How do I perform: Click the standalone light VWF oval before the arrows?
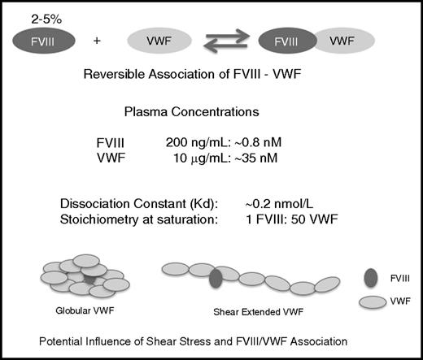(160, 40)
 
